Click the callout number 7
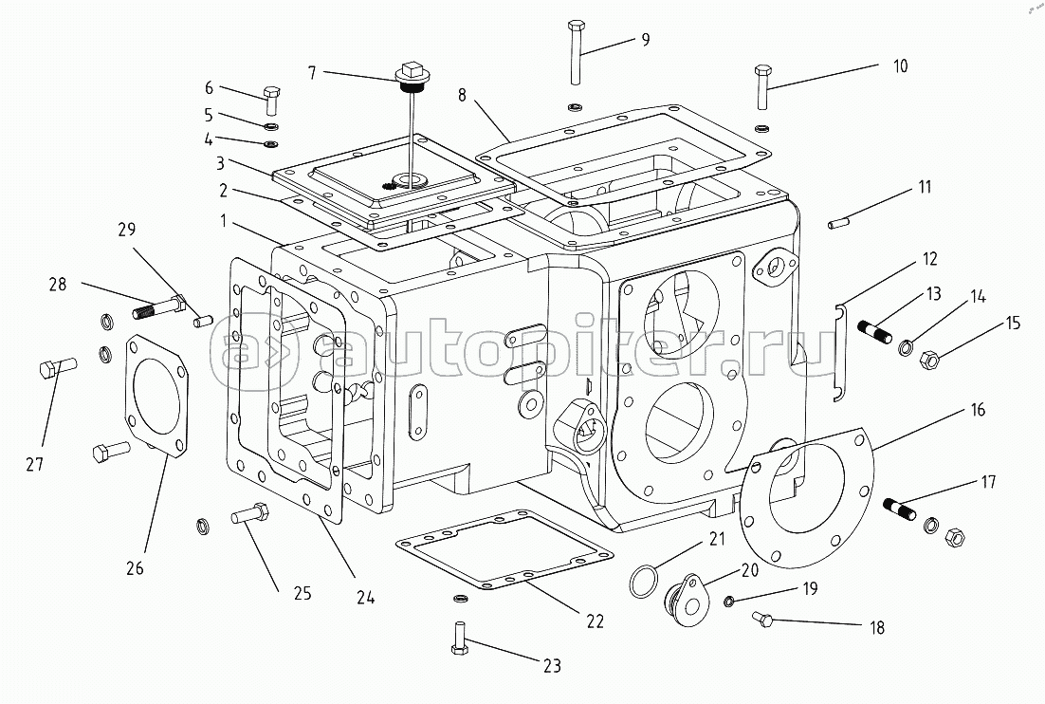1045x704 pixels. [312, 72]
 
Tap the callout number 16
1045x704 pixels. [978, 409]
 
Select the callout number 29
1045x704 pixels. [127, 230]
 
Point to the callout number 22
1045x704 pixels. [595, 621]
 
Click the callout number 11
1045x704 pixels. [925, 187]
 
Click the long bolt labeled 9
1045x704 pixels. [577, 53]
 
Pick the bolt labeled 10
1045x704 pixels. [762, 86]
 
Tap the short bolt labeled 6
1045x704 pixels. [272, 100]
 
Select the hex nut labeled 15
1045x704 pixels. [929, 361]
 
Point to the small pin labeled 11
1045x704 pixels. [837, 223]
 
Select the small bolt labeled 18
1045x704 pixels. [762, 619]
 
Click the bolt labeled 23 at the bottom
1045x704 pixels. [457, 639]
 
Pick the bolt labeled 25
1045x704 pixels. [250, 514]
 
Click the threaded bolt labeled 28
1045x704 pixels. [160, 307]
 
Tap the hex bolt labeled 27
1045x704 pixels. [58, 367]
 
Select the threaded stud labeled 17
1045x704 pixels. [900, 509]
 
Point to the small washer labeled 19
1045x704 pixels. [730, 602]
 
